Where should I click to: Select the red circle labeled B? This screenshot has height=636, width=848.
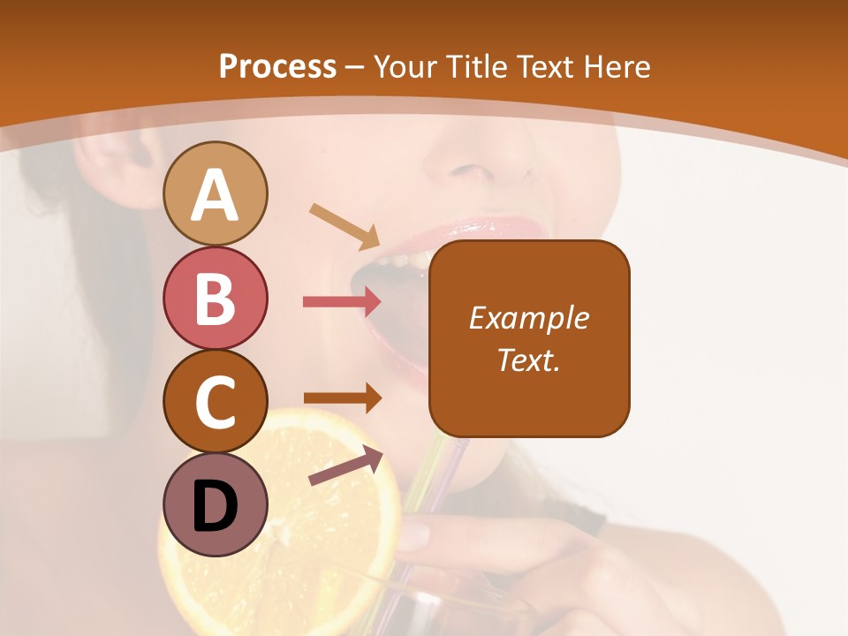tap(215, 298)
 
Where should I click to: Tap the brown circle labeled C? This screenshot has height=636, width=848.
tap(215, 401)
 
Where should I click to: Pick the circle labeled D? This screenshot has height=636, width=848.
tap(215, 504)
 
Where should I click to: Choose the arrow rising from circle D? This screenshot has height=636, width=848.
tap(345, 466)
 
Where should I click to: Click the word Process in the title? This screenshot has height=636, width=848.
tap(277, 66)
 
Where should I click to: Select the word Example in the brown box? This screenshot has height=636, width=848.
tap(528, 318)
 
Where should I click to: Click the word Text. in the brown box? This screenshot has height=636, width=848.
tap(528, 360)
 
